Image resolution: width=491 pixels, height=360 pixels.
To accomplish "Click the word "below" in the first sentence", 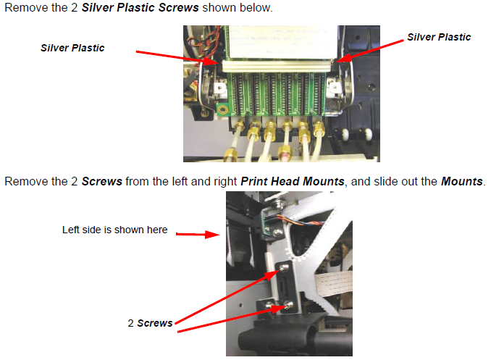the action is tap(256, 7).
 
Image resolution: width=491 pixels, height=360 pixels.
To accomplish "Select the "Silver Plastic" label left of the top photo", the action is tap(72, 48).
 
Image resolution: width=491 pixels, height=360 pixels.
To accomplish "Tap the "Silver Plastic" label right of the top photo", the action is tap(439, 37).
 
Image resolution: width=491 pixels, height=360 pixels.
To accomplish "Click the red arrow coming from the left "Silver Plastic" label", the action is tap(177, 57).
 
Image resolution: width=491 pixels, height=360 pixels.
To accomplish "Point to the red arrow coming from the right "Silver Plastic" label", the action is tap(370, 51).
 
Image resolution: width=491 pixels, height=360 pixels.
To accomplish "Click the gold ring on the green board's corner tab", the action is tap(222, 110).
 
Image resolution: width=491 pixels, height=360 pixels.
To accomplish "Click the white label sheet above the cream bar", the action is tap(283, 43).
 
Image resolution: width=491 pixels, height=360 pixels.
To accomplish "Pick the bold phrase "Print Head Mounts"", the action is tap(293, 181).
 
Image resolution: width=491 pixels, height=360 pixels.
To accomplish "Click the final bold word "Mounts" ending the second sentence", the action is tap(462, 181).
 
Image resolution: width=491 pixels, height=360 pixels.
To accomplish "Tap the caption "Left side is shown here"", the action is tap(114, 230).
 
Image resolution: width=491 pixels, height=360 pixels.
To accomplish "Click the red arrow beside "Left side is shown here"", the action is tap(198, 235).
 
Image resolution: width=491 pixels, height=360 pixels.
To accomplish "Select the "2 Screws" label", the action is tap(150, 323).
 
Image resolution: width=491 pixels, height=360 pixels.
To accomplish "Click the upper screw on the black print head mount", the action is tap(284, 267).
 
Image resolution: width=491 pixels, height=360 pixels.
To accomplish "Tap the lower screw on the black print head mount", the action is tap(289, 304).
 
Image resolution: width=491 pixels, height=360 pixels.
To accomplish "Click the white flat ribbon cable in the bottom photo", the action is tap(334, 283).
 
